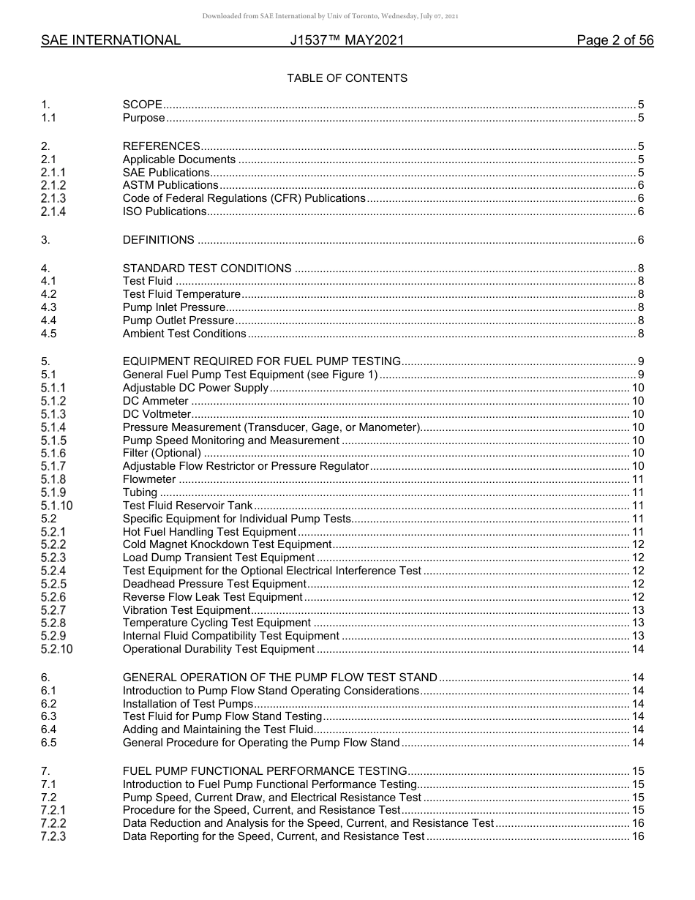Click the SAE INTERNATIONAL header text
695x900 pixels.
[x=110, y=41]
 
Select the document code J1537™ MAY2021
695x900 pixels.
[x=347, y=41]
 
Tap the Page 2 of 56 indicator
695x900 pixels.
[x=615, y=41]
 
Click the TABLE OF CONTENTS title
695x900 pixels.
[x=347, y=78]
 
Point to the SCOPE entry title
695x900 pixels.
[x=143, y=105]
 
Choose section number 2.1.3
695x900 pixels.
[x=53, y=198]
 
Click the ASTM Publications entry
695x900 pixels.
[x=170, y=185]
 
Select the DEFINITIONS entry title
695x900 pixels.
[x=159, y=240]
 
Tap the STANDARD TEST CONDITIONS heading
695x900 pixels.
[x=207, y=269]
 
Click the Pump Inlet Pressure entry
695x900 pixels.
[x=174, y=307]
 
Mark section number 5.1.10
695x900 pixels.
[x=57, y=506]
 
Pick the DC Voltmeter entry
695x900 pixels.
[x=157, y=414]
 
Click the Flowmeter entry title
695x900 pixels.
[x=149, y=479]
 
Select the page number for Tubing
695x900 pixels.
[x=637, y=492]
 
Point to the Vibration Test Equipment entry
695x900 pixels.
[x=187, y=610]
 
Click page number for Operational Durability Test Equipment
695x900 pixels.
[x=637, y=649]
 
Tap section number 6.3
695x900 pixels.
[x=48, y=716]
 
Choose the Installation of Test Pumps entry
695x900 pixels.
[x=188, y=704]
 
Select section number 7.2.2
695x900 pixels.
[x=53, y=823]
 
